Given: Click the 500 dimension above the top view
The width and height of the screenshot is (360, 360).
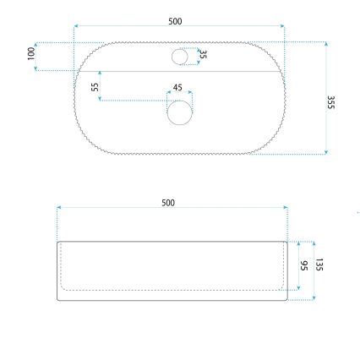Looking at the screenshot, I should (x=175, y=21).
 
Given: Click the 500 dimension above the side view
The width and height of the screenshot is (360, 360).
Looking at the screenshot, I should (x=169, y=203).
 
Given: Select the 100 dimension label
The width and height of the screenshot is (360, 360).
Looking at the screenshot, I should (x=31, y=53).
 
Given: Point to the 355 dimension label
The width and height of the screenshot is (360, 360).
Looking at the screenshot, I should (x=331, y=101).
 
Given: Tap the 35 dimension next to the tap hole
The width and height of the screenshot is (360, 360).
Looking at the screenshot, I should (x=203, y=56).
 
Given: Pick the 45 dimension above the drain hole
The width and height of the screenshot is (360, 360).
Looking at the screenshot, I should (x=177, y=87).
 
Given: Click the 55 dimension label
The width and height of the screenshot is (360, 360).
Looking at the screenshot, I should (x=94, y=87).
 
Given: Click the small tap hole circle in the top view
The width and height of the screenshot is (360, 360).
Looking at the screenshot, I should (x=179, y=57).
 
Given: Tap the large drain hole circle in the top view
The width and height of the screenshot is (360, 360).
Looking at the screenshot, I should (x=179, y=112).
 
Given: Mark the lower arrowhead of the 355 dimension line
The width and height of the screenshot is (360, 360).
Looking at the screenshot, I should (x=326, y=152).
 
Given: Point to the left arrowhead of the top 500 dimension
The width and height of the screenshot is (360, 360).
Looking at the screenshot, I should (x=76, y=26).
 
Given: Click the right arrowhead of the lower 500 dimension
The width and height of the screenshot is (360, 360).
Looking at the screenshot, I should (x=286, y=208).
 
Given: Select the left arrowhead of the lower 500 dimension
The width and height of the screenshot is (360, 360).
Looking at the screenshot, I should (x=58, y=208).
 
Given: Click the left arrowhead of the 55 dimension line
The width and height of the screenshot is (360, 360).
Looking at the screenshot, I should (x=100, y=100).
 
